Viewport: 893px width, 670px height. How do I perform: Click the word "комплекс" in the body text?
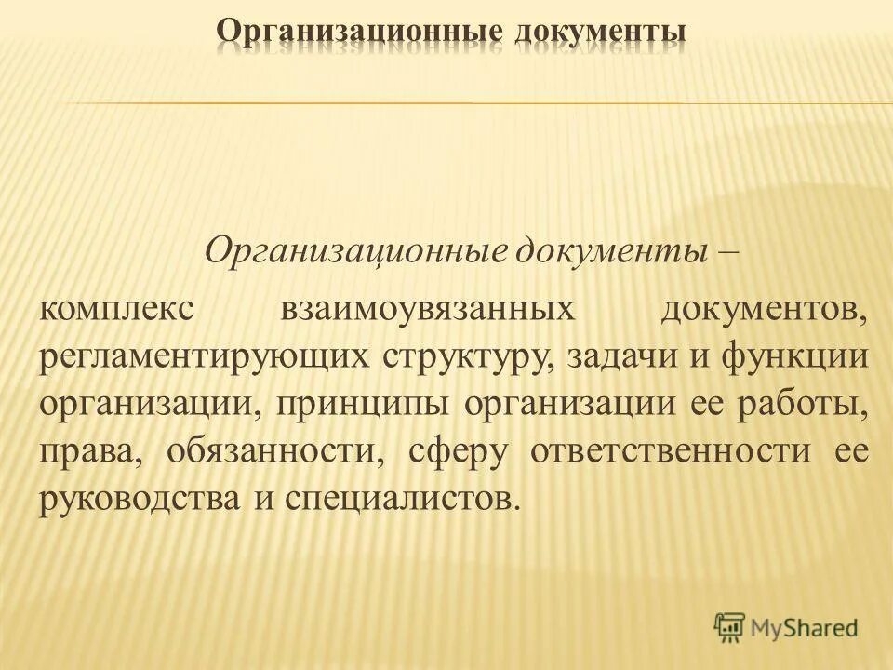[x=116, y=309]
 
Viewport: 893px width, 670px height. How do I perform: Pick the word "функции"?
[x=804, y=358]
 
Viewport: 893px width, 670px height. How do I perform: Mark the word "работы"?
[x=812, y=406]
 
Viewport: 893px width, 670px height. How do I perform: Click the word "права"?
[x=88, y=453]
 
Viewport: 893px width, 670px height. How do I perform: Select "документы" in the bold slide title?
[x=597, y=33]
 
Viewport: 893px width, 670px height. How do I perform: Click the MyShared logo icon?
[x=730, y=627]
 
